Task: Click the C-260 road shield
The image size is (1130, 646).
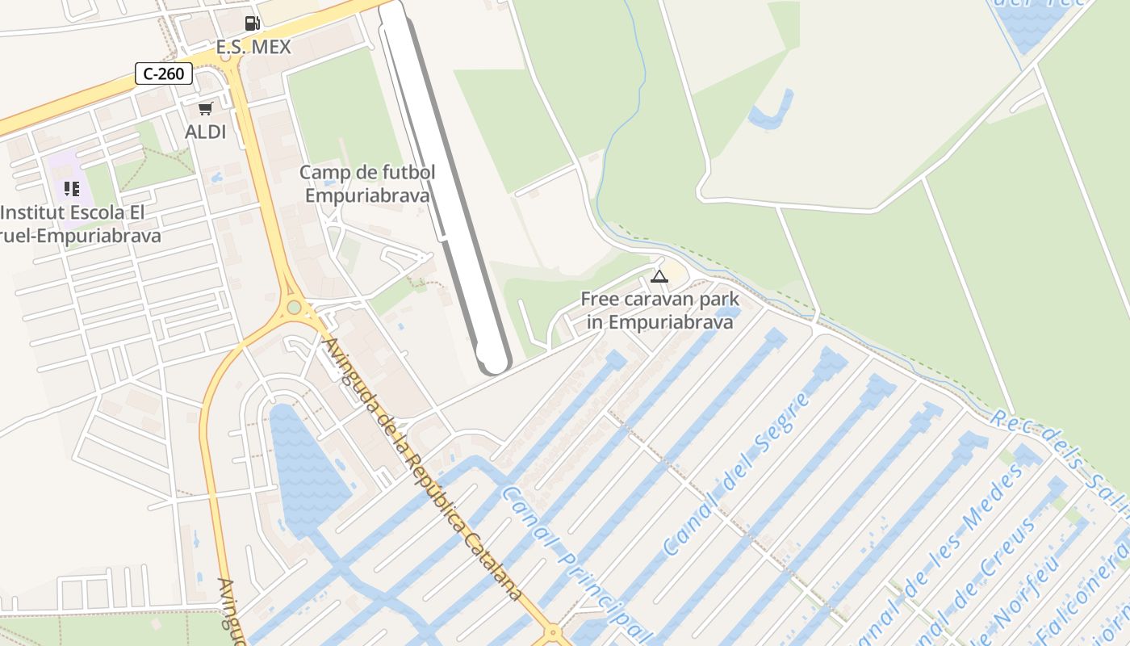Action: [164, 73]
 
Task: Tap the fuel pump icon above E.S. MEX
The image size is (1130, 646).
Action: [252, 23]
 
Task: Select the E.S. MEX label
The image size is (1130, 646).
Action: [253, 47]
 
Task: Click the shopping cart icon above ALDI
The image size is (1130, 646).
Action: [206, 108]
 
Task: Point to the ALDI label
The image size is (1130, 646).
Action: [206, 132]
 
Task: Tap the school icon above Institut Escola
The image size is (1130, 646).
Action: [72, 189]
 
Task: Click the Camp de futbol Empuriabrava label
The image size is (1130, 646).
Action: [367, 183]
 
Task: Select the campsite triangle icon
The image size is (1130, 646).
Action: [659, 277]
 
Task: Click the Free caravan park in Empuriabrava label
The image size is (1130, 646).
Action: [659, 311]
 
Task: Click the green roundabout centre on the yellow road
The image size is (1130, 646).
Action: [294, 307]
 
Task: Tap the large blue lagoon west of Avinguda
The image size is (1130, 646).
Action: [305, 468]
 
